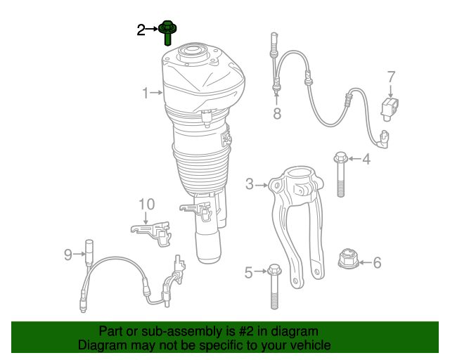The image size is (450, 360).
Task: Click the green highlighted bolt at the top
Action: coord(167,34)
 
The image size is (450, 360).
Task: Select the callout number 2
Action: coord(141,30)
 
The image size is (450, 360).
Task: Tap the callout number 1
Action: coord(146,93)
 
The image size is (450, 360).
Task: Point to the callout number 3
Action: coord(250,185)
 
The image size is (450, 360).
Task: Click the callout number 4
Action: coord(366,160)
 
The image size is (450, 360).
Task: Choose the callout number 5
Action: coord(248,272)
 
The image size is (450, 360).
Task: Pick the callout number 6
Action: coord(377,263)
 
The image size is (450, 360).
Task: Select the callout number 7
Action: coord(391,77)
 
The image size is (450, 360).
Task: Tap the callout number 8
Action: coord(277,114)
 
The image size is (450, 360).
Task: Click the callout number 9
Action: coord(68,255)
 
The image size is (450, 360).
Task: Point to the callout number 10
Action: coord(146,205)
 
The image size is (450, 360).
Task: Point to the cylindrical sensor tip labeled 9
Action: coord(89,250)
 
